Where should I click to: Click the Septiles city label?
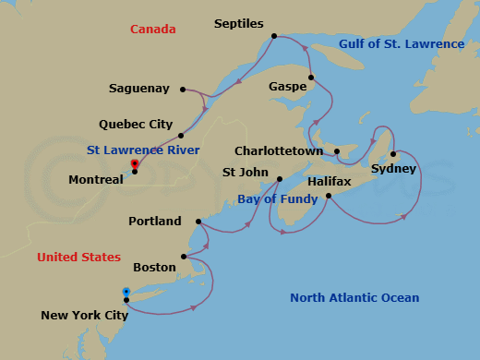pyautogui.click(x=239, y=22)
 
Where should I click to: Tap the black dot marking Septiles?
pyautogui.click(x=274, y=37)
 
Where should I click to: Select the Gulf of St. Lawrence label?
pyautogui.click(x=401, y=44)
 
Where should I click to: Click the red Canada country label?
pyautogui.click(x=152, y=30)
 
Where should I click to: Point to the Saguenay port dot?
pyautogui.click(x=183, y=90)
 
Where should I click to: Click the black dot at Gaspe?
pyautogui.click(x=312, y=78)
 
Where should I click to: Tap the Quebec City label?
pyautogui.click(x=136, y=124)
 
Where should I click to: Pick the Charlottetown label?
pyautogui.click(x=282, y=150)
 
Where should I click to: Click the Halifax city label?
pyautogui.click(x=329, y=183)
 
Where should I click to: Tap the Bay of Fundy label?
pyautogui.click(x=276, y=198)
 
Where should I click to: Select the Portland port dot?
pyautogui.click(x=199, y=222)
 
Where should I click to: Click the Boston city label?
pyautogui.click(x=154, y=267)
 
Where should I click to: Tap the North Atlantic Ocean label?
pyautogui.click(x=354, y=297)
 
